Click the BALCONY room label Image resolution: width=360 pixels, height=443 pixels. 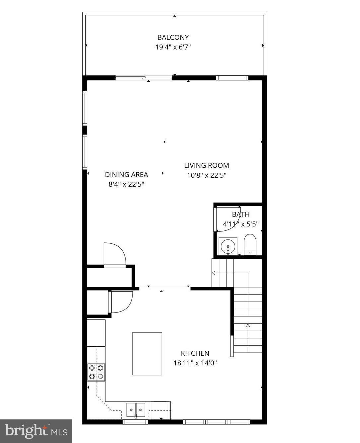pyautogui.click(x=173, y=37)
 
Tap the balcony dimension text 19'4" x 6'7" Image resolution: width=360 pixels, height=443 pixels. pyautogui.click(x=173, y=47)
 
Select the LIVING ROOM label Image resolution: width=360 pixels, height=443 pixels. pyautogui.click(x=207, y=165)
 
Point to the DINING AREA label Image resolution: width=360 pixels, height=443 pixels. pyautogui.click(x=127, y=174)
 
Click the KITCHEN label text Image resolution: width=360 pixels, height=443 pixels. pyautogui.click(x=195, y=353)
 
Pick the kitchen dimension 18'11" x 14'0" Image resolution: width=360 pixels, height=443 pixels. pyautogui.click(x=195, y=363)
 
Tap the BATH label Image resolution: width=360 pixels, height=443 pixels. pyautogui.click(x=241, y=215)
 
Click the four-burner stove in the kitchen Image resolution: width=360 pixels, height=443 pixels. pyautogui.click(x=96, y=372)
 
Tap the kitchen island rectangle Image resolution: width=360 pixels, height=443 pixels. pyautogui.click(x=147, y=354)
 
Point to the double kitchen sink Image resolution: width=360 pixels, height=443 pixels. pyautogui.click(x=136, y=409)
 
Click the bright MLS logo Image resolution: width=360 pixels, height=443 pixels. pyautogui.click(x=36, y=431)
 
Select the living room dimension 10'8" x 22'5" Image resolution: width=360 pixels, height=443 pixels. pyautogui.click(x=207, y=175)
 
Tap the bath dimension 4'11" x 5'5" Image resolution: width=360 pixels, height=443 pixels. pyautogui.click(x=241, y=224)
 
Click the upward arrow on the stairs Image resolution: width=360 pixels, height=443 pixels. pyautogui.click(x=248, y=326)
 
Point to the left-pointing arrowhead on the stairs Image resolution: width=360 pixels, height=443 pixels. pyautogui.click(x=214, y=273)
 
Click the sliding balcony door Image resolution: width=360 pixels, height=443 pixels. pyautogui.click(x=144, y=78)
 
